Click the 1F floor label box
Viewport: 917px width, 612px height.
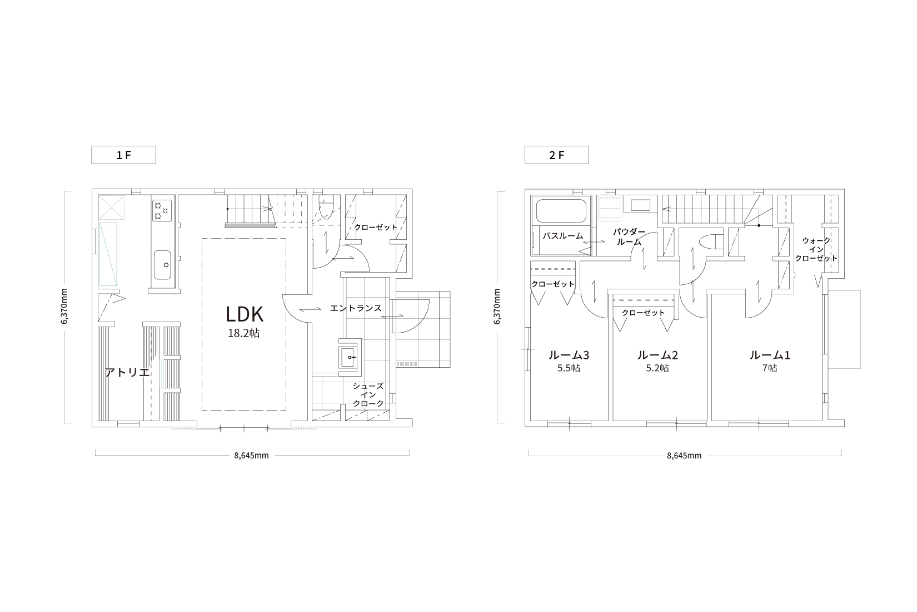point(123,155)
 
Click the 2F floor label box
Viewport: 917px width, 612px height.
point(557,155)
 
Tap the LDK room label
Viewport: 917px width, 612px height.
point(245,314)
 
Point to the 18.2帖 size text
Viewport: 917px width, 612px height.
point(244,333)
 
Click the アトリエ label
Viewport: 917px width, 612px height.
point(127,372)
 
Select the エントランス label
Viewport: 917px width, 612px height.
point(356,308)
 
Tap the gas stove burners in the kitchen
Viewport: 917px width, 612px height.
point(162,211)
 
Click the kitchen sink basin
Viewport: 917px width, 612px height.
point(162,265)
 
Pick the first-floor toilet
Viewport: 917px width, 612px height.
point(326,208)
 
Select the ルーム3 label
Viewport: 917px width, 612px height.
point(569,355)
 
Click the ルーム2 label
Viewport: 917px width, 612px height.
point(657,355)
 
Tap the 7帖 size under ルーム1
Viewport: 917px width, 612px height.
point(770,368)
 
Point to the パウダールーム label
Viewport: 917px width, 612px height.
point(629,237)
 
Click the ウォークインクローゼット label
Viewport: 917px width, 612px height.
point(816,249)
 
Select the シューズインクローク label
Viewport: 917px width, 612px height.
point(368,395)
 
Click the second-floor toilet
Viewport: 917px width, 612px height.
point(711,241)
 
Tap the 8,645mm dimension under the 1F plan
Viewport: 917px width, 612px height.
point(251,456)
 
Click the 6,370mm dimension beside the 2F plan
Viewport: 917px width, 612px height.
point(497,307)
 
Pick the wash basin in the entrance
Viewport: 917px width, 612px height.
point(350,357)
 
